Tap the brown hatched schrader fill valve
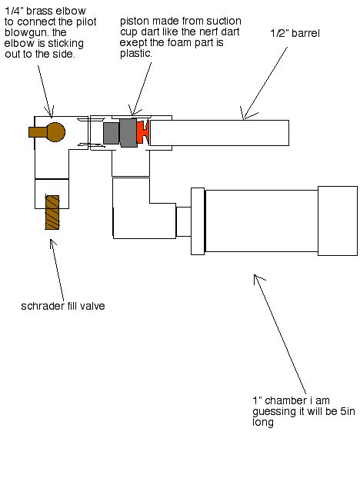click(x=52, y=213)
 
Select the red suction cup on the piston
click(x=142, y=133)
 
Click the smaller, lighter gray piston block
click(x=111, y=133)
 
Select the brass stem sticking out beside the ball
click(x=37, y=131)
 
